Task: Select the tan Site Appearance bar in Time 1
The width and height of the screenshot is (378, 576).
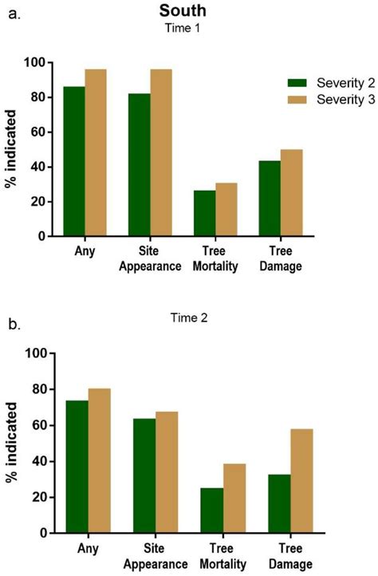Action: (161, 152)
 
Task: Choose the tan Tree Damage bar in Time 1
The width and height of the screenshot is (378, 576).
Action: (291, 192)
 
